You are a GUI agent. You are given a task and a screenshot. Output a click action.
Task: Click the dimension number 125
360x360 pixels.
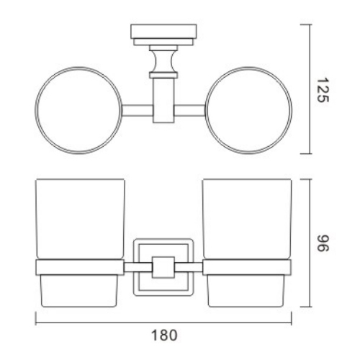[x=324, y=89]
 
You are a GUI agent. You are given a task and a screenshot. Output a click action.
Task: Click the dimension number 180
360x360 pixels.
[x=163, y=335]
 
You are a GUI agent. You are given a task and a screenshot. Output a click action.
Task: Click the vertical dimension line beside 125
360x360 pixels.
[x=310, y=89]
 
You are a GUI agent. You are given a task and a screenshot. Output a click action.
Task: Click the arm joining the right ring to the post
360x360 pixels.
[x=190, y=111]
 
